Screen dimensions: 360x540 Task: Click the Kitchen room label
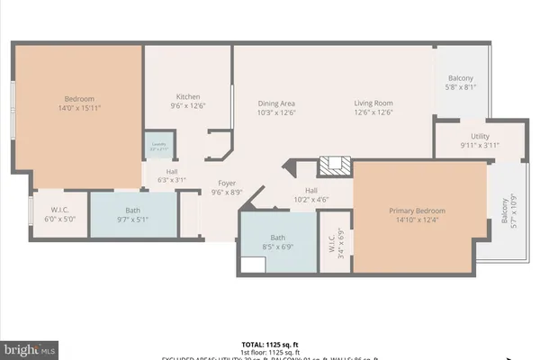coord(187,97)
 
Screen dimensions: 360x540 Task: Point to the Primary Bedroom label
coord(417,211)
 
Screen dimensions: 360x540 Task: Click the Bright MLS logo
coord(31,346)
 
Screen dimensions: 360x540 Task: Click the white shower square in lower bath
coord(254,265)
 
